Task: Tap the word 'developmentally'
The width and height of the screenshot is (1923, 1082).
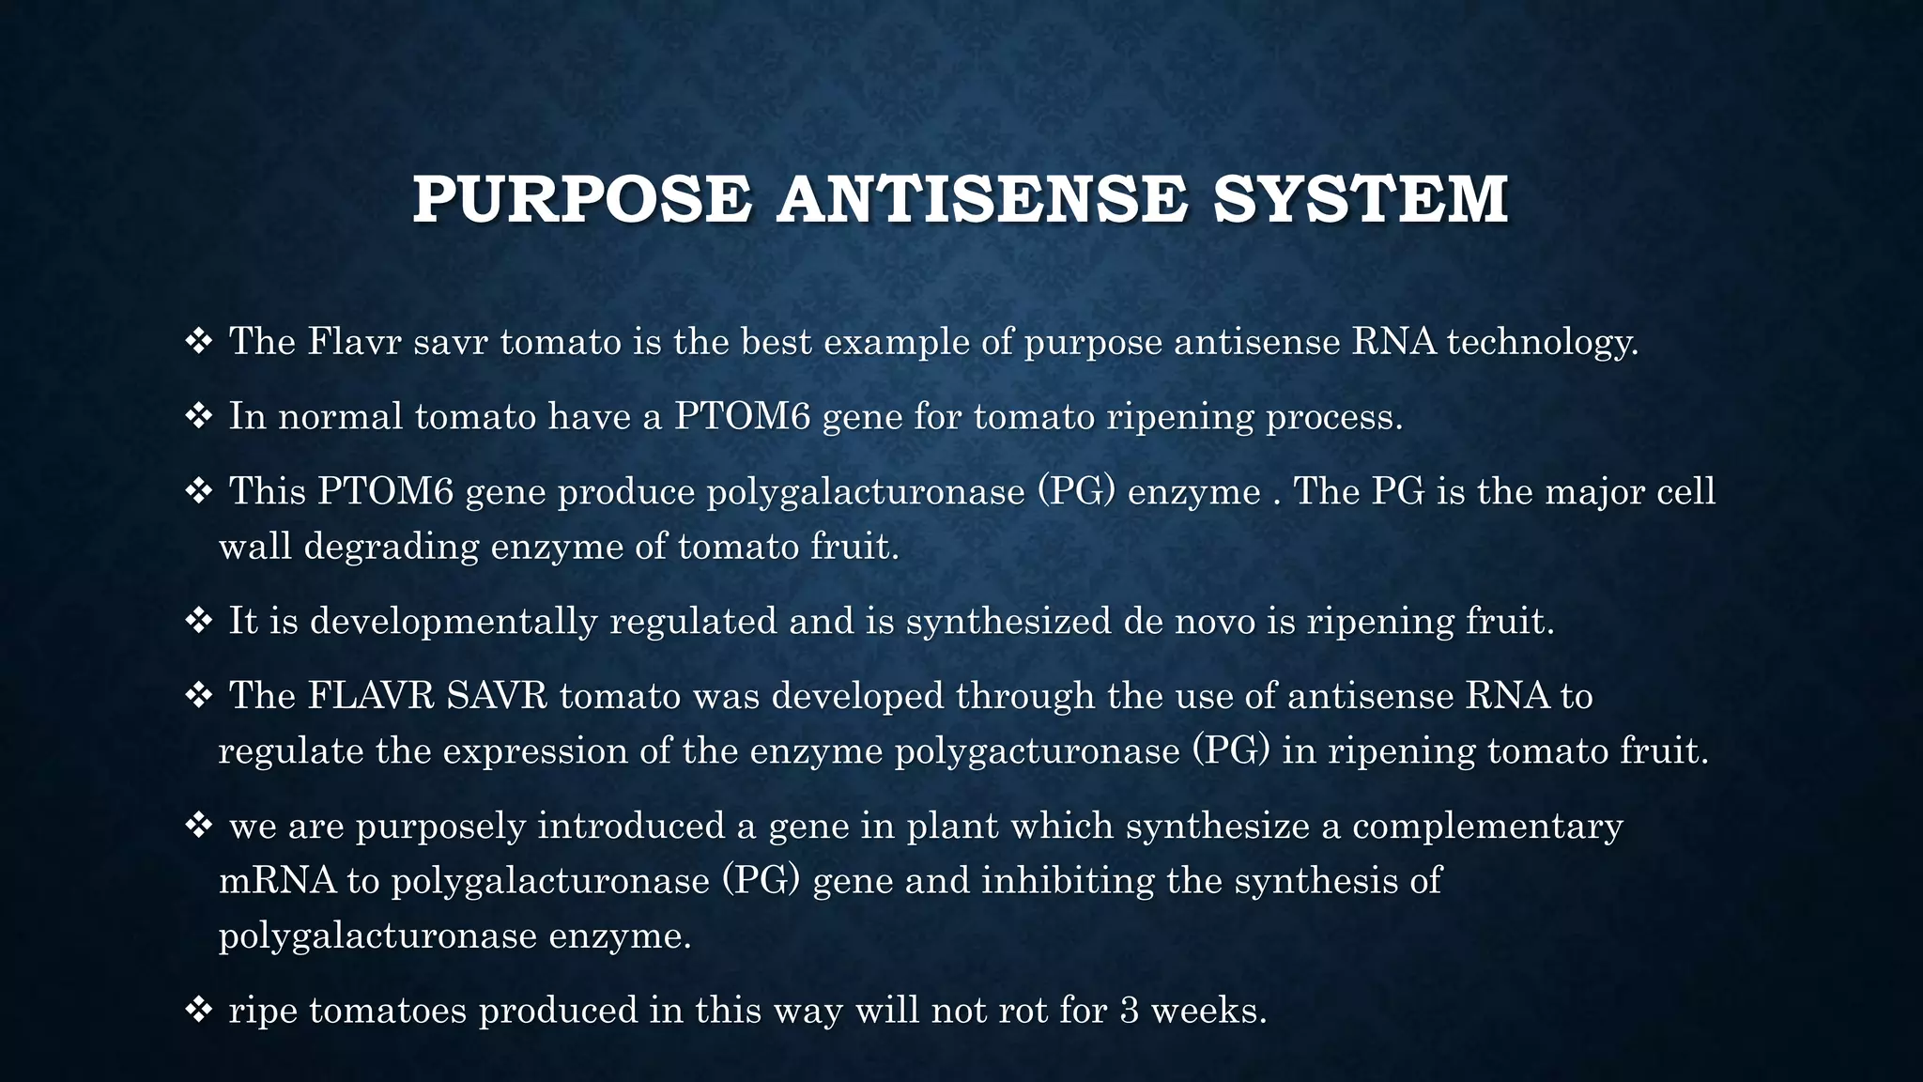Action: point(454,621)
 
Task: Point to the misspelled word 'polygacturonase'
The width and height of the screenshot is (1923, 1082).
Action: point(1038,750)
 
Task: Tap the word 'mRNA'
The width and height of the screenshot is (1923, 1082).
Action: point(277,880)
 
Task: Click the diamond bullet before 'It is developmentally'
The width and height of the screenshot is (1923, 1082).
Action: point(198,621)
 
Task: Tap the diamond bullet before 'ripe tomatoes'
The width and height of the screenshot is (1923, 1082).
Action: point(198,1011)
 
